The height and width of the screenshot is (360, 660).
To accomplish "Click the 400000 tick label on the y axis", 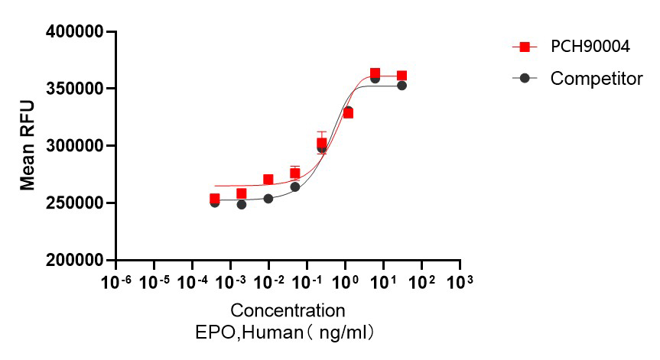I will pyautogui.click(x=74, y=32).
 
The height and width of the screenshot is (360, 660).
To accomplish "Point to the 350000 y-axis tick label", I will pyautogui.click(x=74, y=89).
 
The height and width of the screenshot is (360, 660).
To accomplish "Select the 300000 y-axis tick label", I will pyautogui.click(x=74, y=146).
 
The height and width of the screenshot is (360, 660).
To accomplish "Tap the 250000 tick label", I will pyautogui.click(x=74, y=203).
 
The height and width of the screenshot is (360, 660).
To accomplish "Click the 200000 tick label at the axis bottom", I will pyautogui.click(x=74, y=261).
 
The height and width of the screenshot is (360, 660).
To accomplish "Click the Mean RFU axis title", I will pyautogui.click(x=28, y=147).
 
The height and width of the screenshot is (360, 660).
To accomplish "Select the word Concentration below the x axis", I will pyautogui.click(x=288, y=311).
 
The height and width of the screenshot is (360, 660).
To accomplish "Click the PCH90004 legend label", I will pyautogui.click(x=590, y=47).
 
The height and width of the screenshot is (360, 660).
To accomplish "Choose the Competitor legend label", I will pyautogui.click(x=597, y=78).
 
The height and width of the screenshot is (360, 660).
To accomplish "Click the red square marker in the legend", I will pyautogui.click(x=525, y=47).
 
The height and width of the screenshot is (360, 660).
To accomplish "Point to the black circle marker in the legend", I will pyautogui.click(x=525, y=78).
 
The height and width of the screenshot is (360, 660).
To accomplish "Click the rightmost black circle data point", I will pyautogui.click(x=402, y=86).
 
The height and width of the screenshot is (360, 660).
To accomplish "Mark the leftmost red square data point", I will pyautogui.click(x=215, y=199).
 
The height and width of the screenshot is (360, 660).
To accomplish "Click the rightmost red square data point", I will pyautogui.click(x=402, y=76).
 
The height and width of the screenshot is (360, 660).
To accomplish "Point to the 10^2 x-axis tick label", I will pyautogui.click(x=422, y=282).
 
